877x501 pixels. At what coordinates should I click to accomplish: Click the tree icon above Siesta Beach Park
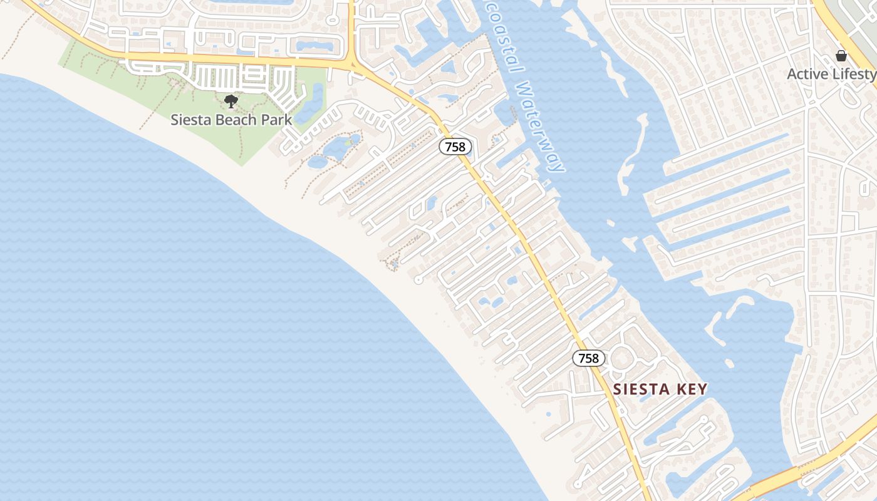pyautogui.click(x=231, y=101)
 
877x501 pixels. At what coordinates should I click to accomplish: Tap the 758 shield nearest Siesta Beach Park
pyautogui.click(x=455, y=147)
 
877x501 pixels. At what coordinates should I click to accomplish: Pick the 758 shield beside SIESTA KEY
pyautogui.click(x=589, y=358)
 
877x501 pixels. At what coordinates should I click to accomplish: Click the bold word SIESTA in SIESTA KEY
pyautogui.click(x=640, y=390)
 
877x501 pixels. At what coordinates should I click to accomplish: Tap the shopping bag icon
pyautogui.click(x=841, y=56)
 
